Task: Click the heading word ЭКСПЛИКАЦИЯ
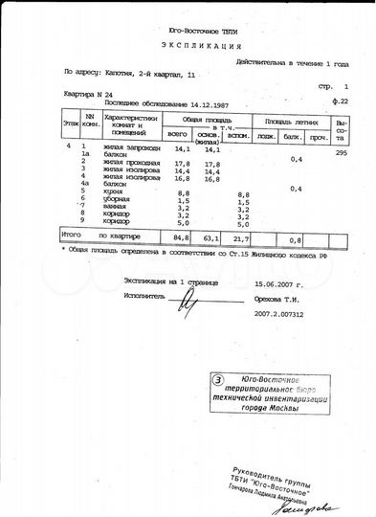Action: tap(188, 45)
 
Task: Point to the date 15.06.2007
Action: tap(278, 284)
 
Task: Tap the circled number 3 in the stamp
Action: tap(219, 380)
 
